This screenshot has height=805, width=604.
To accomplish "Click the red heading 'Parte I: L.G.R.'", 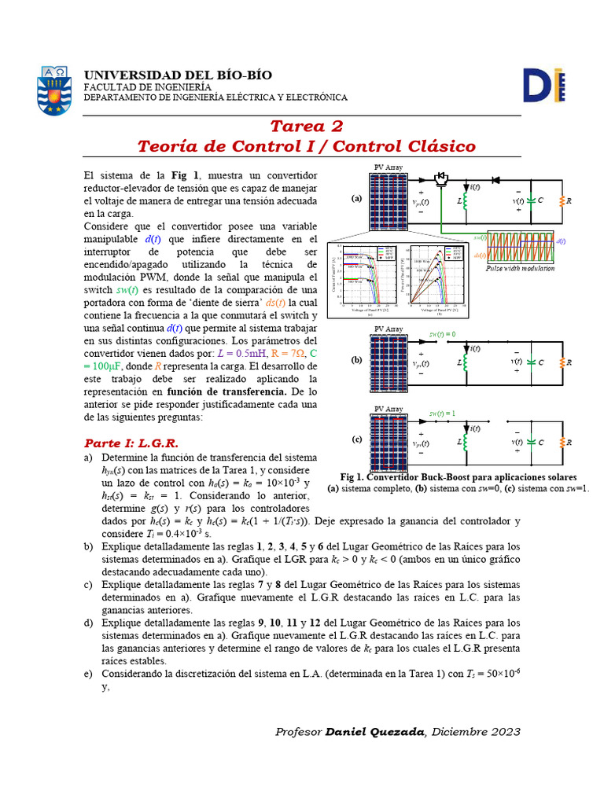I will click(131, 443).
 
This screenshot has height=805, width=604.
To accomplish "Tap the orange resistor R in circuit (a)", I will click(562, 200).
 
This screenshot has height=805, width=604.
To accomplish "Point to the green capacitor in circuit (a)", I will click(531, 200).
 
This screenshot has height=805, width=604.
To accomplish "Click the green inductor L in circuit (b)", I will click(464, 362).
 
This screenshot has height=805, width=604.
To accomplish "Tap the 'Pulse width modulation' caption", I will click(520, 269).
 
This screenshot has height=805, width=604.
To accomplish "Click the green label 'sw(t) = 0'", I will click(443, 334).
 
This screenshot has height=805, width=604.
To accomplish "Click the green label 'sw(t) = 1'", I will click(443, 414).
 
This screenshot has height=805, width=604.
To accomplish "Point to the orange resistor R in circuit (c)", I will click(562, 441).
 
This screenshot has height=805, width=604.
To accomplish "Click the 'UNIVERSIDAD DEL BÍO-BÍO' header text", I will click(178, 75).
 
